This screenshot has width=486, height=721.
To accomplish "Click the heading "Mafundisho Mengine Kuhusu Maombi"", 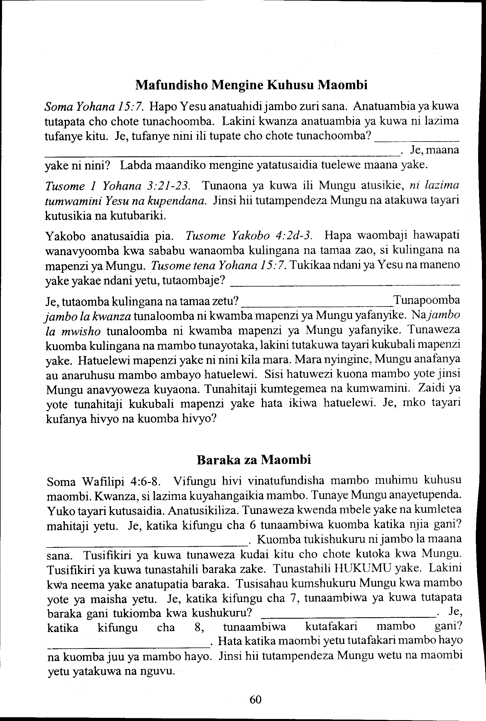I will (251, 85).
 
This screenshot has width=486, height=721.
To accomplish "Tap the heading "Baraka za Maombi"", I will (254, 460).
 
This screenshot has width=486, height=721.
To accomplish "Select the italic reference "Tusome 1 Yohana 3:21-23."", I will (117, 186).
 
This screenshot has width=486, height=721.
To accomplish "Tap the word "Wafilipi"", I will (103, 482).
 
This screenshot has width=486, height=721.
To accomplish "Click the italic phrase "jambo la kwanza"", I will (88, 316).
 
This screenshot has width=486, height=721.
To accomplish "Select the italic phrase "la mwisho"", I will (73, 331).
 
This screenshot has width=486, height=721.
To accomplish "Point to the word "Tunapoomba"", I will (426, 300).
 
